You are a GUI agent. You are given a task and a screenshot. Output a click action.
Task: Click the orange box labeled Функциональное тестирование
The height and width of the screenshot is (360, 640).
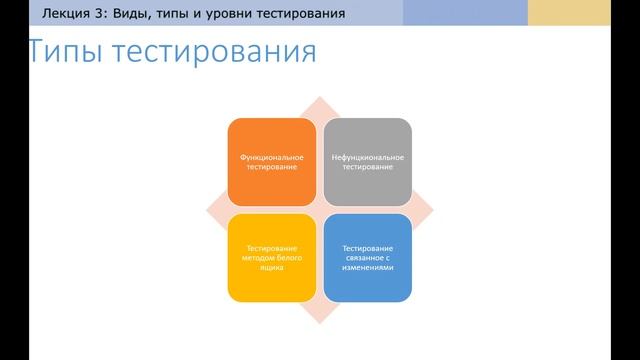click(x=272, y=161)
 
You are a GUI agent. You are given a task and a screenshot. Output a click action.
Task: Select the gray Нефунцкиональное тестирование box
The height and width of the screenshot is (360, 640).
click(x=368, y=161)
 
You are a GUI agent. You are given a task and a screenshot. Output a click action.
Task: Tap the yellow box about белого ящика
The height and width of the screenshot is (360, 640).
click(x=272, y=257)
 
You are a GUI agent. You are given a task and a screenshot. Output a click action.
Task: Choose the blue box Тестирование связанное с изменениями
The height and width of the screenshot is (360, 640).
click(x=368, y=257)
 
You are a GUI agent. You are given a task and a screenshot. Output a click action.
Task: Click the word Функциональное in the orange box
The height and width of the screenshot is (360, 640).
click(x=272, y=156)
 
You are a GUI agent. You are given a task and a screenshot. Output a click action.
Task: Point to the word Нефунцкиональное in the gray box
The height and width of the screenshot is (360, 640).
click(x=368, y=156)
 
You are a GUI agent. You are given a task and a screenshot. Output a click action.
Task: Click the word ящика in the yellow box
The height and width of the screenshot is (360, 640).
click(x=272, y=268)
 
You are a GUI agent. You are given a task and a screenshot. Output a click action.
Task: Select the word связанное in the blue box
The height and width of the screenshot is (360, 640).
click(x=368, y=258)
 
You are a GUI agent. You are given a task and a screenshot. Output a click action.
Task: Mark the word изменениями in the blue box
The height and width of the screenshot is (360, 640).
click(x=368, y=268)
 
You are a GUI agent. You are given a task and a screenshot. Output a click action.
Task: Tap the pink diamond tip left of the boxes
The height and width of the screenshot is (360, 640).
click(x=213, y=209)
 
